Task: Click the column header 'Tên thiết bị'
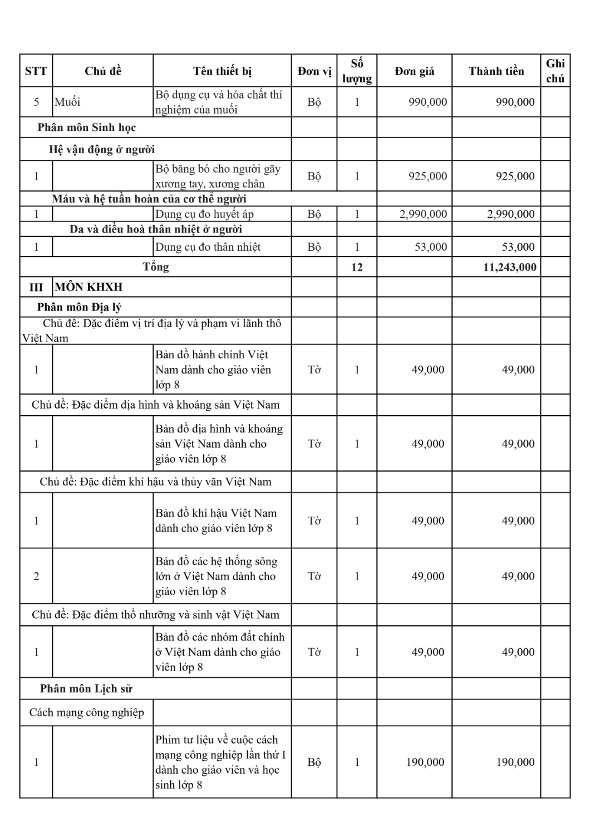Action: [x=222, y=71]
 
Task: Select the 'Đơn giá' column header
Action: [x=414, y=71]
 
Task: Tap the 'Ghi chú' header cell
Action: [x=555, y=71]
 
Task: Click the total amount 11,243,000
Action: [x=510, y=267]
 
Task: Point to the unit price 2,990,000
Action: [x=423, y=214]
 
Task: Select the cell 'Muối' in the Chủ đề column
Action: [x=67, y=102]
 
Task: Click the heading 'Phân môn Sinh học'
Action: [x=87, y=128]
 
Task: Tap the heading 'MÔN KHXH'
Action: [x=88, y=287]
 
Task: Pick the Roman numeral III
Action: [x=36, y=287]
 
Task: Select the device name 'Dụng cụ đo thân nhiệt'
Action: [x=208, y=247]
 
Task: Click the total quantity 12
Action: [x=357, y=267]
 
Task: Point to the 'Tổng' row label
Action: [x=156, y=266]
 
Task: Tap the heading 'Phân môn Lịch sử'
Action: [x=86, y=689]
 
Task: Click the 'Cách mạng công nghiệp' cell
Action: [x=87, y=713]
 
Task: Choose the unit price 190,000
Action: [x=425, y=762]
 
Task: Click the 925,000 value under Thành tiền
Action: [x=515, y=176]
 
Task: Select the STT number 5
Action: [x=36, y=102]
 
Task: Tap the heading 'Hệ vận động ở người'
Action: [x=102, y=149]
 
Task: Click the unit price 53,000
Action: [x=430, y=247]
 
